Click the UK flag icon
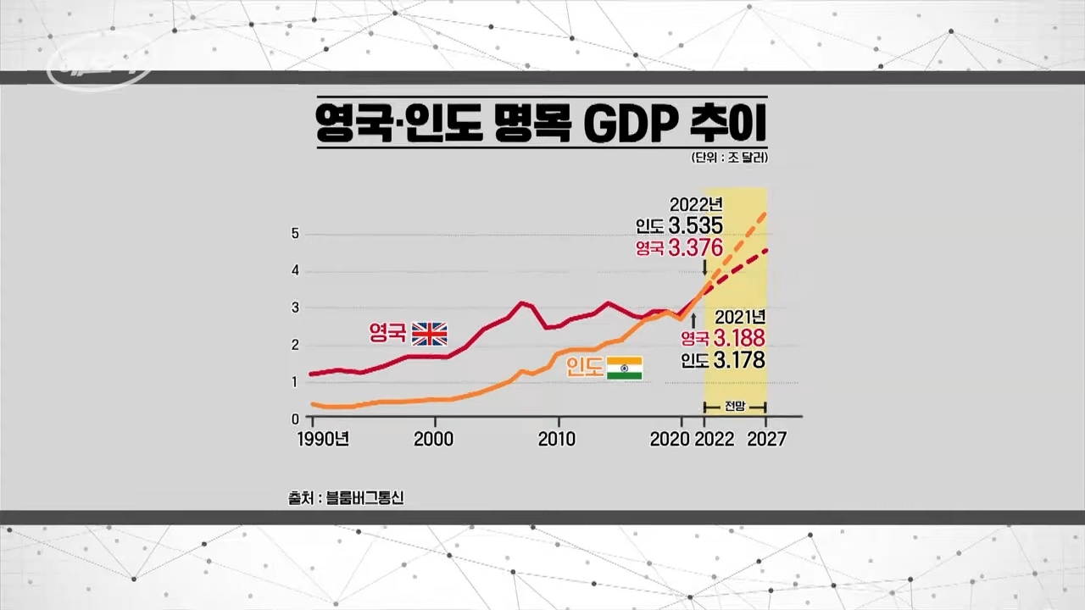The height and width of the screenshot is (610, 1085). [429, 334]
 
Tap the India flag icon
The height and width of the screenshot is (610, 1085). [625, 368]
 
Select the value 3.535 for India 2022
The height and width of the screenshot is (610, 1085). [695, 225]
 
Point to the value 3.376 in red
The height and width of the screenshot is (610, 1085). [695, 247]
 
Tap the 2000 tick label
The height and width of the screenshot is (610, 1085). [434, 439]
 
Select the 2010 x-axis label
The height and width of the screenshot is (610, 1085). [557, 439]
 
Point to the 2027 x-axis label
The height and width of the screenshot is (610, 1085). [766, 439]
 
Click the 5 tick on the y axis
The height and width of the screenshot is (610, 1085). [295, 234]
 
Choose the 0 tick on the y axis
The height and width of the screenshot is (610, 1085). [295, 419]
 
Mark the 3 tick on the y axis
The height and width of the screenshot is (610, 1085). [295, 308]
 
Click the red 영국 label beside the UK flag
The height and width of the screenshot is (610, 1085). [387, 333]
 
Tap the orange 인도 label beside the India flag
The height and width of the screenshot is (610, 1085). [585, 368]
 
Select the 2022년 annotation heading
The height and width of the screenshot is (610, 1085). [696, 204]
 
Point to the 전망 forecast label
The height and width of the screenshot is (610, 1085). [735, 406]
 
